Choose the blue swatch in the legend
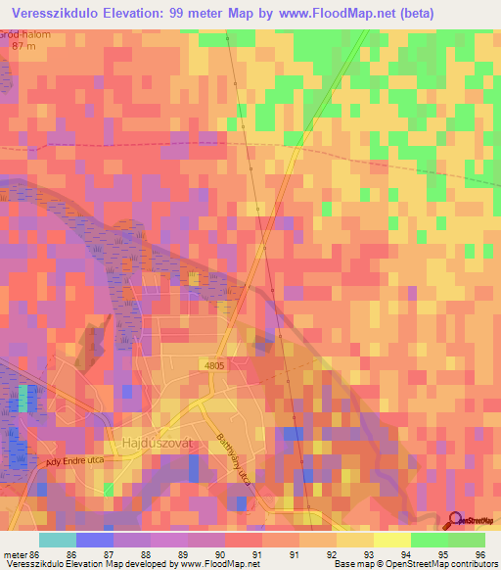[95, 540]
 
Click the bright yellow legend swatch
[391, 540]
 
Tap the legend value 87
[107, 553]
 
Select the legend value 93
[366, 553]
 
